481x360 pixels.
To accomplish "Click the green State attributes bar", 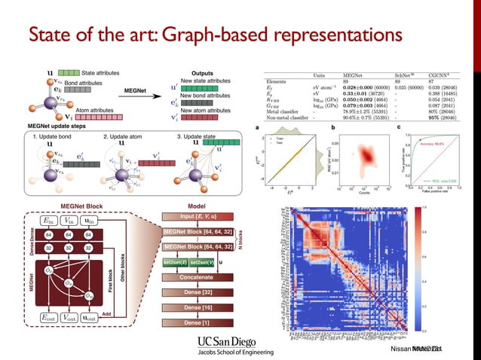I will [x=66, y=73].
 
